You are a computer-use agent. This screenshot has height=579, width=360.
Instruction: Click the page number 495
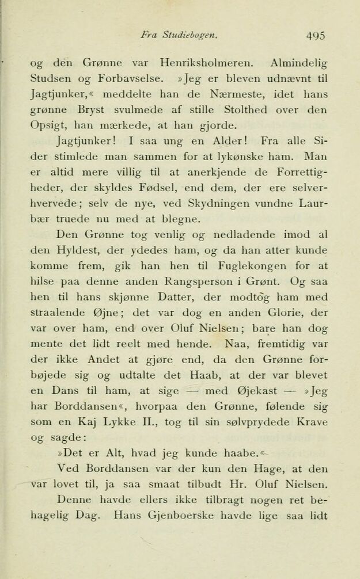[x=316, y=35]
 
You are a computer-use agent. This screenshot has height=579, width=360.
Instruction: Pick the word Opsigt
[x=46, y=125]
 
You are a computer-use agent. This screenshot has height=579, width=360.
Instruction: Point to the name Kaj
[x=74, y=422]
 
